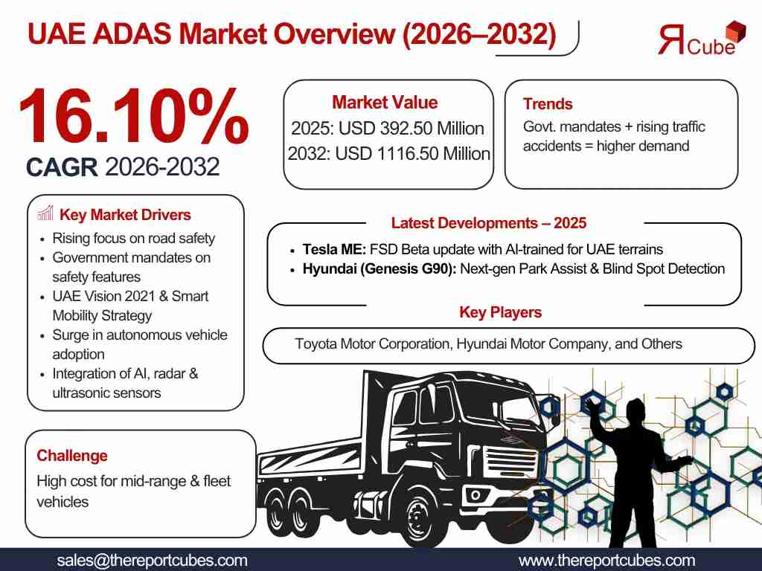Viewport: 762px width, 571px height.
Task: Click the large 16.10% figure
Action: pos(134,116)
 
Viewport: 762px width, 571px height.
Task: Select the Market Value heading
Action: pos(385,103)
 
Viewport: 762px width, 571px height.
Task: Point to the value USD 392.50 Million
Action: pos(411,128)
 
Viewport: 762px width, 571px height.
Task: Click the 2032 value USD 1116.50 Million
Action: pos(412,153)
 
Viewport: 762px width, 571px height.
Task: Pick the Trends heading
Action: pos(548,104)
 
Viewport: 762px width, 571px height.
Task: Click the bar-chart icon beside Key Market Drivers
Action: pos(45,213)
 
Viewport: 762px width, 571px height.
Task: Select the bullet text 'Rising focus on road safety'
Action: pos(134,239)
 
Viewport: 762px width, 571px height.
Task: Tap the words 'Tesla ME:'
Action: pos(334,250)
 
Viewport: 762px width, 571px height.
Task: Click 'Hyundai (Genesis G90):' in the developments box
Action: pos(380,269)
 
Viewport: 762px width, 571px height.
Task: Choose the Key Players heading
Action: pos(501,312)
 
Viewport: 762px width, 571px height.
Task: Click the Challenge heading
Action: pos(72,456)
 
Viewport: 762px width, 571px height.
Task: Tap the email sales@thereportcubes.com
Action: pos(152,561)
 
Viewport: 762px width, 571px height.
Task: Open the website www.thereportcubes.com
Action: pos(607,561)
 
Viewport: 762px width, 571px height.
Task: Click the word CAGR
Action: pos(62,167)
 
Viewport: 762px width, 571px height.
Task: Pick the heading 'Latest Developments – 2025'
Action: pos(489,223)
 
